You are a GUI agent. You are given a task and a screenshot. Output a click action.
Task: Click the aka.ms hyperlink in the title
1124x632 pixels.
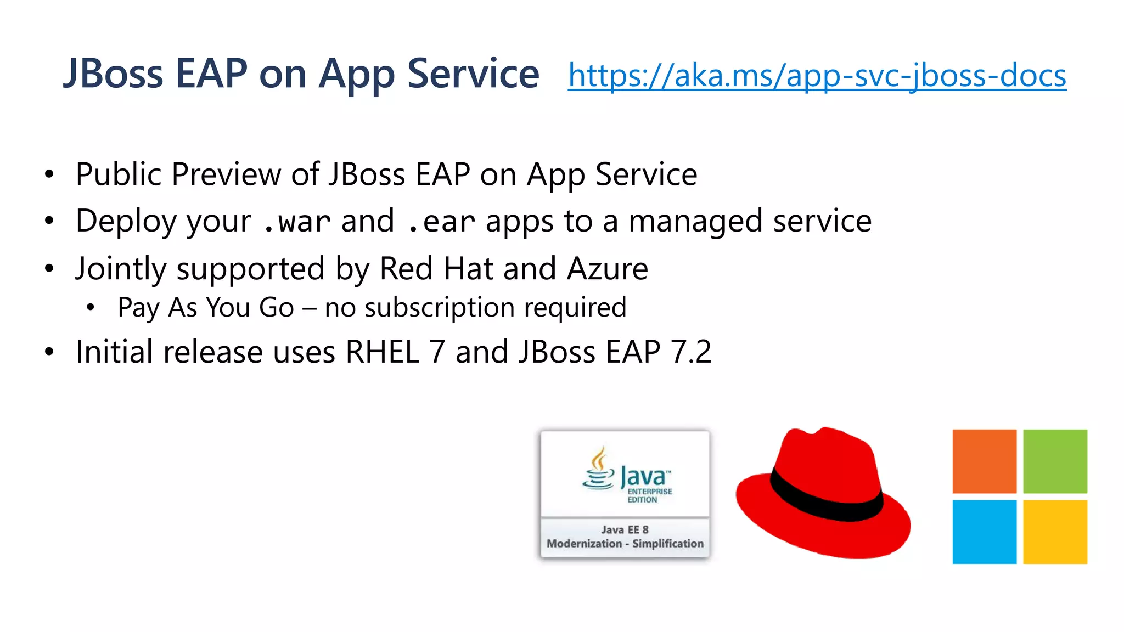coord(817,75)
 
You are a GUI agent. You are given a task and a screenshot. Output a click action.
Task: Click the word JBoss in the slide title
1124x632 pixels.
coord(113,74)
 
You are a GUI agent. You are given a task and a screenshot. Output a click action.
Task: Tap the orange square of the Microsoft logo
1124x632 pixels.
coord(984,461)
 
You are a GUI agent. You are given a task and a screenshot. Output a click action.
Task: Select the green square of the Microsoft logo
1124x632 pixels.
coord(1055,461)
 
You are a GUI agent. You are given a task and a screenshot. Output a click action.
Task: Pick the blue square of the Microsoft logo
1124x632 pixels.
coord(984,532)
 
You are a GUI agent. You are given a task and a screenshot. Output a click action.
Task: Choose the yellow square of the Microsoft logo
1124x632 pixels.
coord(1055,532)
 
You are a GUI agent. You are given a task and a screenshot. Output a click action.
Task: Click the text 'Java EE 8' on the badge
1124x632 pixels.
coord(625,529)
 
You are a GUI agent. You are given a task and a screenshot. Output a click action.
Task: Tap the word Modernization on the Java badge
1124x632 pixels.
coord(584,544)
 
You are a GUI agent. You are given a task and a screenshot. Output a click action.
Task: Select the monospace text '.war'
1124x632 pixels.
coord(296,222)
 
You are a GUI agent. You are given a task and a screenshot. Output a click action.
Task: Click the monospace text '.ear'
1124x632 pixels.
coord(441,222)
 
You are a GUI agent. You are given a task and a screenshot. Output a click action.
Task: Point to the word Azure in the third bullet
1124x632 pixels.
coord(608,269)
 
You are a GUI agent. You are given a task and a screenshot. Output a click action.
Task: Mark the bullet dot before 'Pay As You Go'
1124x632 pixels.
coord(91,307)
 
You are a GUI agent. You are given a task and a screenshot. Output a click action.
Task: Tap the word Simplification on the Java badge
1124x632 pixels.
coord(667,544)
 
